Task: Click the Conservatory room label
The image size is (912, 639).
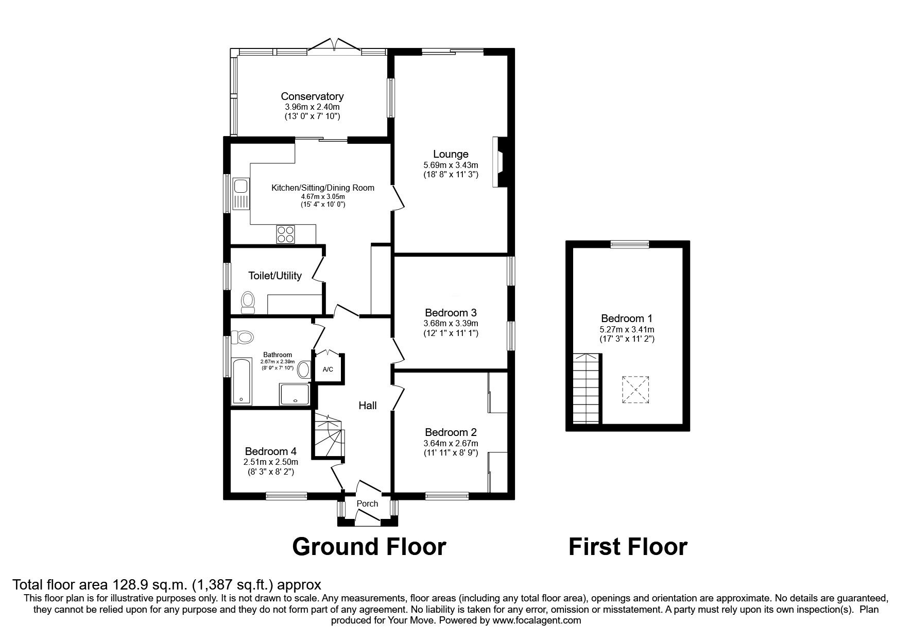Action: (x=312, y=96)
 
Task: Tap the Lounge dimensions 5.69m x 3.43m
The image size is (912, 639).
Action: (x=451, y=165)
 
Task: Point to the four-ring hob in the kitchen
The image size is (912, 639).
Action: (x=286, y=234)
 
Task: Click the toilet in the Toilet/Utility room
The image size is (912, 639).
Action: (x=248, y=302)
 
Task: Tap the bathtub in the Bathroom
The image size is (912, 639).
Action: (x=241, y=381)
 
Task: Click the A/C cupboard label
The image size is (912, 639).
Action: (x=328, y=369)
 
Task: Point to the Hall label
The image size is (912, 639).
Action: (x=368, y=406)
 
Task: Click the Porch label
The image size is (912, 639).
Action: (x=367, y=503)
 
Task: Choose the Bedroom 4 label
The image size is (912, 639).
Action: (x=271, y=451)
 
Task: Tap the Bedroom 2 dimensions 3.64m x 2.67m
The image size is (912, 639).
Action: (x=451, y=444)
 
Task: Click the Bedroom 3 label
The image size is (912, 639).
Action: (x=451, y=313)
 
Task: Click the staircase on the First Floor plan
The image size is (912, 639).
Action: (x=587, y=388)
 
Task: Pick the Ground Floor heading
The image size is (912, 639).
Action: (x=369, y=546)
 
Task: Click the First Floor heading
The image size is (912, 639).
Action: (x=628, y=546)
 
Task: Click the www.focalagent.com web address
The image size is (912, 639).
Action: (x=537, y=620)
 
